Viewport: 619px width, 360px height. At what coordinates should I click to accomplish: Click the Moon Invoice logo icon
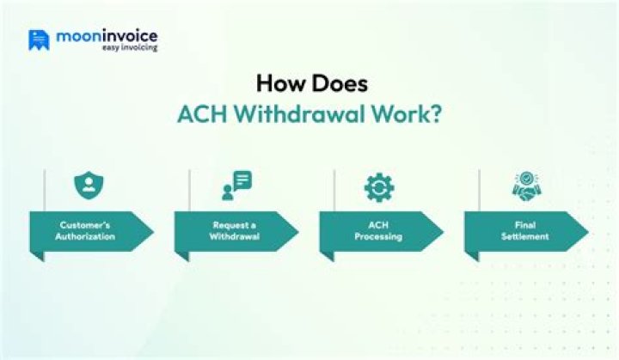[39, 40]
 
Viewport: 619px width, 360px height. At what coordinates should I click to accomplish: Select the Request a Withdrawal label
[232, 231]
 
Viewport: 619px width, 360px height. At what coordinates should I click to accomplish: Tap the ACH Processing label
[377, 231]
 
